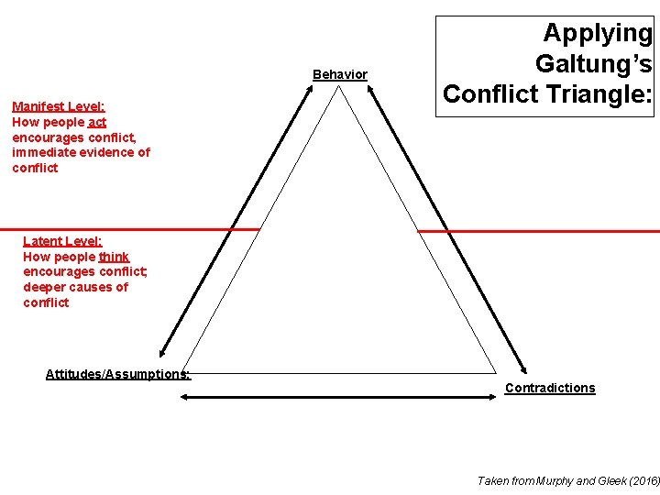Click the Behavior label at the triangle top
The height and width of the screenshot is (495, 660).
tap(339, 74)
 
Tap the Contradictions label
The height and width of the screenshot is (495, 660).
tap(549, 388)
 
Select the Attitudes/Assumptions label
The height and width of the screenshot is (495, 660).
tap(118, 373)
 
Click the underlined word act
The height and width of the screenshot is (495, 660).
tap(97, 122)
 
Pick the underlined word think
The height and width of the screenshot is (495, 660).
tap(115, 257)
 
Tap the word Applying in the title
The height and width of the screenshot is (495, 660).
tap(598, 33)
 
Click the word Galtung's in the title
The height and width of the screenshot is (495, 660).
tap(593, 63)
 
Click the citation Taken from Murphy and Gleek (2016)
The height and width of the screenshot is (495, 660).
tap(567, 480)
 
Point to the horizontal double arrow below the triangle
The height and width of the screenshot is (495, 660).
tap(338, 398)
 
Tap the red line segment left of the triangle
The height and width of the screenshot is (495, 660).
tap(128, 229)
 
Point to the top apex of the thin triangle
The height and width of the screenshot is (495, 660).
tap(340, 88)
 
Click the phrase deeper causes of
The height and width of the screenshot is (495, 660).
tap(76, 287)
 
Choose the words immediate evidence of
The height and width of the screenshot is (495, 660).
tap(81, 152)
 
